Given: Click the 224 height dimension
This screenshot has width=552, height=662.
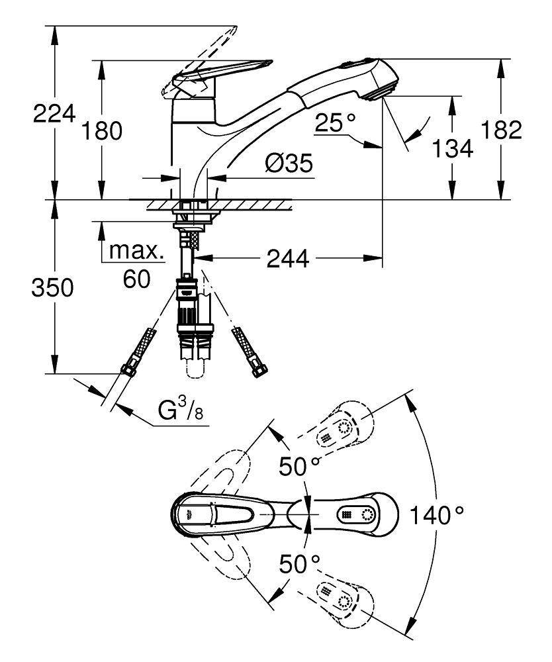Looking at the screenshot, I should click(53, 115).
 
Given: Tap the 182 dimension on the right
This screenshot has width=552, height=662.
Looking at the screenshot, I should click(502, 130).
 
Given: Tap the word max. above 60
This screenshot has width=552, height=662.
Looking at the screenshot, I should click(136, 251).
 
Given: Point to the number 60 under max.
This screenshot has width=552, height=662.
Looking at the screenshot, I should click(136, 278).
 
